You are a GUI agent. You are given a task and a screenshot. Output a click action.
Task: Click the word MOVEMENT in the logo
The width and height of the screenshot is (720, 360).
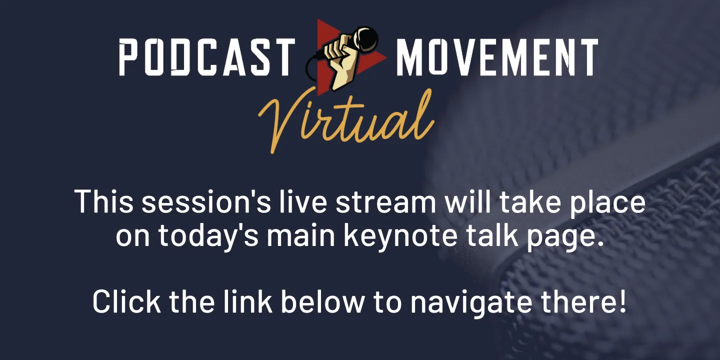pyautogui.click(x=497, y=57)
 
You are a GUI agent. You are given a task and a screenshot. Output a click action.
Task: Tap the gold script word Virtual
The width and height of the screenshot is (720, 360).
pyautogui.click(x=345, y=118)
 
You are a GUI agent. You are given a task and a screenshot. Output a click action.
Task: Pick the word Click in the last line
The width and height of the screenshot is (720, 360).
pyautogui.click(x=126, y=301)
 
